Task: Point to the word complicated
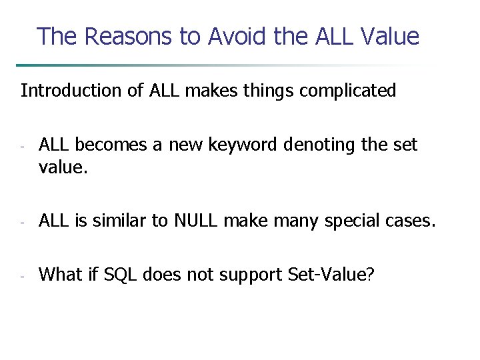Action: pos(348,91)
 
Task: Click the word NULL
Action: pos(195,221)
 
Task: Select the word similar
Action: pos(117,221)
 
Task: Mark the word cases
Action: pos(411,221)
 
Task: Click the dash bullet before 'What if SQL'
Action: pos(22,275)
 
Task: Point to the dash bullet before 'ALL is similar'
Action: pos(22,222)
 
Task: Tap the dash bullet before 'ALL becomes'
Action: pos(22,146)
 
